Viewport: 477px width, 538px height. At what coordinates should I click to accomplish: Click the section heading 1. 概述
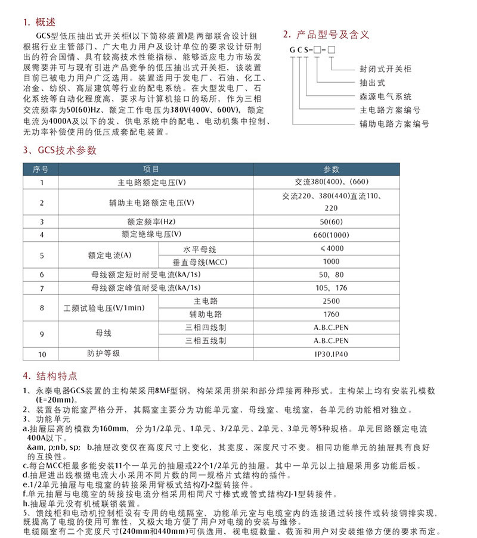click(39, 23)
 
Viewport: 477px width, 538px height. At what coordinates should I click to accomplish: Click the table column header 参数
click(331, 169)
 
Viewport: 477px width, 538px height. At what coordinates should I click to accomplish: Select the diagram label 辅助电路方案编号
click(393, 124)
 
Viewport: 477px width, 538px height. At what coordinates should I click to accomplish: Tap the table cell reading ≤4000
click(331, 248)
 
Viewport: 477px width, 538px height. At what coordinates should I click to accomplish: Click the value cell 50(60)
click(331, 222)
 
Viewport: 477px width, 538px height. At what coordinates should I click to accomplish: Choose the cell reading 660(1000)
click(331, 235)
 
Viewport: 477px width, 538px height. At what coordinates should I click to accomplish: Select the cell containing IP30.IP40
click(331, 354)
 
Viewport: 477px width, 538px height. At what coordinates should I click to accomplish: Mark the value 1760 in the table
click(331, 314)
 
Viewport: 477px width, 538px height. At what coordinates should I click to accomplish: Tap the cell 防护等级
click(104, 353)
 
